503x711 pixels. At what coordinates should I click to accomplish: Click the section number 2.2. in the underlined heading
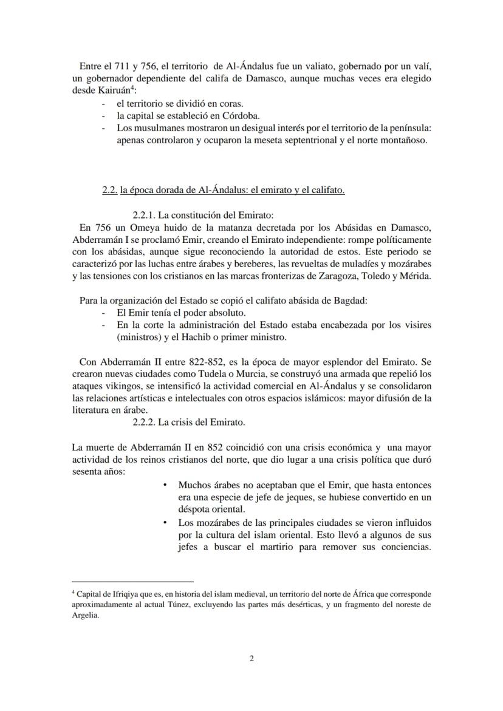(x=109, y=190)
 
